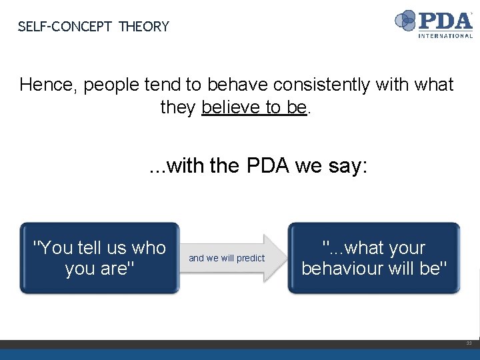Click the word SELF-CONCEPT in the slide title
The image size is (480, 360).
pos(65,27)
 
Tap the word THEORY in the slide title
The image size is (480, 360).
pos(144,27)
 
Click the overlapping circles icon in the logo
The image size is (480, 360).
pos(405,21)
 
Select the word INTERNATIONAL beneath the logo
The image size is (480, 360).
pos(445,35)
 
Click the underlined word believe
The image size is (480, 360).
pos(229,107)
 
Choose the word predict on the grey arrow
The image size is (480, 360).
pos(250,258)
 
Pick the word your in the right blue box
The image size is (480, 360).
pos(404,248)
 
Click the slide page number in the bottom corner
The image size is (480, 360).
pos(469,343)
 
